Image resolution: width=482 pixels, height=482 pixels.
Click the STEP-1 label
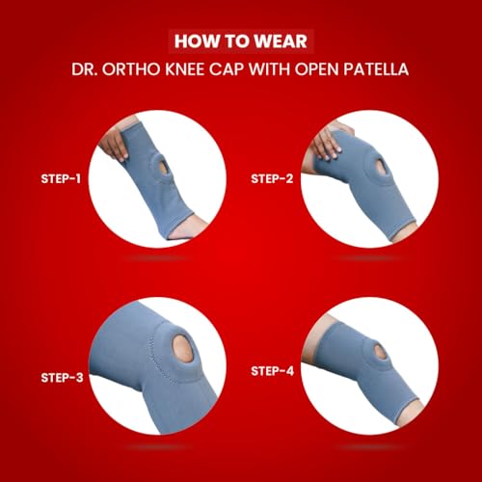click(x=61, y=178)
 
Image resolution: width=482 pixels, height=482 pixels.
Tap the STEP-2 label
click(x=272, y=178)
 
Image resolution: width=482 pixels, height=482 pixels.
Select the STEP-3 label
click(x=62, y=378)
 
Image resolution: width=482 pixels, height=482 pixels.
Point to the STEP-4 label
click(x=273, y=371)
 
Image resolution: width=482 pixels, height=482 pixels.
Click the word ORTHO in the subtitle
click(x=131, y=69)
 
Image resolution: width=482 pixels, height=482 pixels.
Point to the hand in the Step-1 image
click(x=113, y=146)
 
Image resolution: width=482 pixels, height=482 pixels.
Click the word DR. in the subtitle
click(x=84, y=69)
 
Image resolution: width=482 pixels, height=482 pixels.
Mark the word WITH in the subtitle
click(x=269, y=69)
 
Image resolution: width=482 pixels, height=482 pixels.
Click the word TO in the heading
click(x=234, y=41)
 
